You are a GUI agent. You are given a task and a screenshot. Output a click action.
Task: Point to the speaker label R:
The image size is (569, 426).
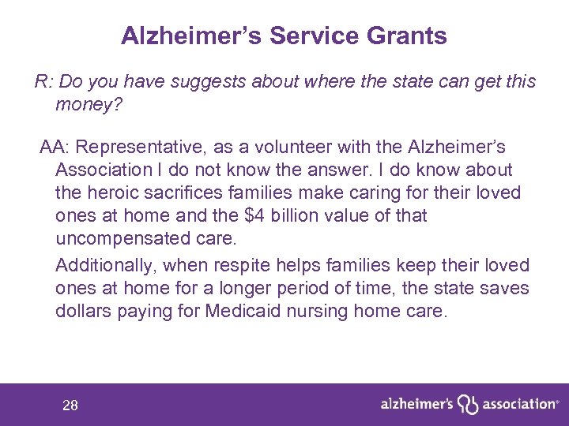coord(43,81)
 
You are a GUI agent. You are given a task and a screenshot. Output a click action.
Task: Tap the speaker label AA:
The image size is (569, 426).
coord(54,148)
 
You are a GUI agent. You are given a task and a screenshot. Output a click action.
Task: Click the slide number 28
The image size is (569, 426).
coord(70,405)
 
